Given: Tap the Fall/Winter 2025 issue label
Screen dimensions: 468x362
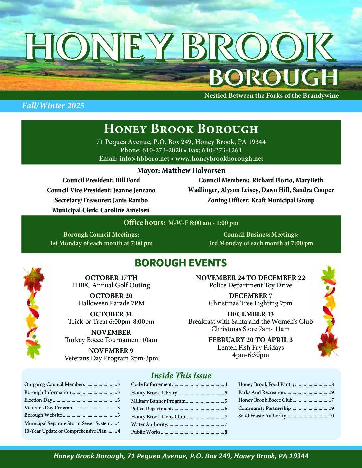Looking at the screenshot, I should (x=53, y=106).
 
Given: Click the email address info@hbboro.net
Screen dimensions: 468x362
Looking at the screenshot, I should (x=134, y=159).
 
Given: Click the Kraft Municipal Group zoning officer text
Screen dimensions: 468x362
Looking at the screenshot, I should (x=283, y=200).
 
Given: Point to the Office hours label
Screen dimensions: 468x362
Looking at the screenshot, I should (x=144, y=223).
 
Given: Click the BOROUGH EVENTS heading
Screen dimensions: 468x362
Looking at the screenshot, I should (x=181, y=263).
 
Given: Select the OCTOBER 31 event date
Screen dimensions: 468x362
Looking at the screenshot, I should (x=111, y=314).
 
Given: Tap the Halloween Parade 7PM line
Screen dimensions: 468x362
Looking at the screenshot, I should (x=111, y=303).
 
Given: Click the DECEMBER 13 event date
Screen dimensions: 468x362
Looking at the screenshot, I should (x=251, y=314).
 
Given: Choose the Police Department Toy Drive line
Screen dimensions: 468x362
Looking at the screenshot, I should (x=251, y=285).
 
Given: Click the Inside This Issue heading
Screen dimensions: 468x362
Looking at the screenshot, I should (x=181, y=376).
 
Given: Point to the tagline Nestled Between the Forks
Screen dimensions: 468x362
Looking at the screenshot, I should (x=271, y=96).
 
